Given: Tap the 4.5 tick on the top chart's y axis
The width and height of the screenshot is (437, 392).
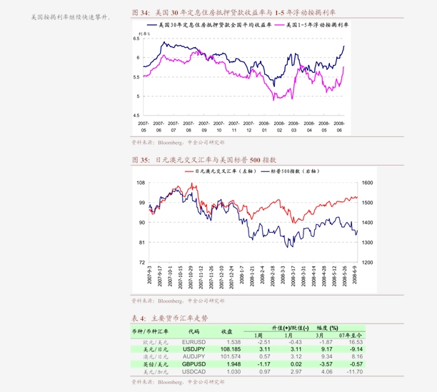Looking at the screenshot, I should coord(137,115).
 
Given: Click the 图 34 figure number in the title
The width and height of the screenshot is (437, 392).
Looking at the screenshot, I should coord(140,12).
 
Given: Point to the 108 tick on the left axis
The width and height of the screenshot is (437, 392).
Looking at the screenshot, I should coord(140,183).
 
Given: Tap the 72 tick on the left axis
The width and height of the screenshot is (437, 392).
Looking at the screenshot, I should coord(141,263).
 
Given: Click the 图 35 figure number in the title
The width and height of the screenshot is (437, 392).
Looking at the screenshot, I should coord(140,160).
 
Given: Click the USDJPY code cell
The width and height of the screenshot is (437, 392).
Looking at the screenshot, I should coord(194,349).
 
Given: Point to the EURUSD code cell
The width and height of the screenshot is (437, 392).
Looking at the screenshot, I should coord(194,342).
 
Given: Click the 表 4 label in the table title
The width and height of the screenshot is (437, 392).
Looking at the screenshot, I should coord(139,318).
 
